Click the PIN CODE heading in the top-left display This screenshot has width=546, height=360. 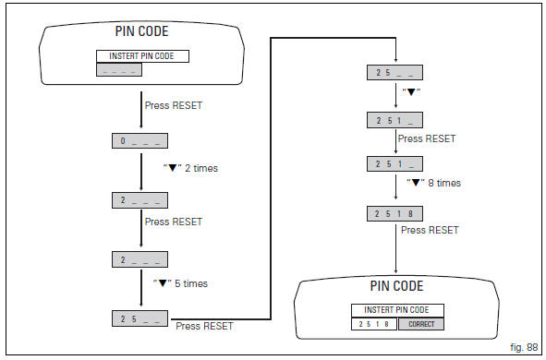(141, 30)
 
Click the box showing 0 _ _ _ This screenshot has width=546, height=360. (139, 142)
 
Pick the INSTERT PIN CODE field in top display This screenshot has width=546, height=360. (141, 55)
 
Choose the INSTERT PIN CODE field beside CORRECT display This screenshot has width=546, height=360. (395, 309)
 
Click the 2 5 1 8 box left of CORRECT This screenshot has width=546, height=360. (374, 324)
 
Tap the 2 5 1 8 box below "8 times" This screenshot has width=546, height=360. (395, 212)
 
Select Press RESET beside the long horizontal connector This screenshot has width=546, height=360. (203, 326)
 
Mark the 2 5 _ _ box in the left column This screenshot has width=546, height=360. (139, 318)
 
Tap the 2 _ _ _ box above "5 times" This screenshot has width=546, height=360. (139, 259)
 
